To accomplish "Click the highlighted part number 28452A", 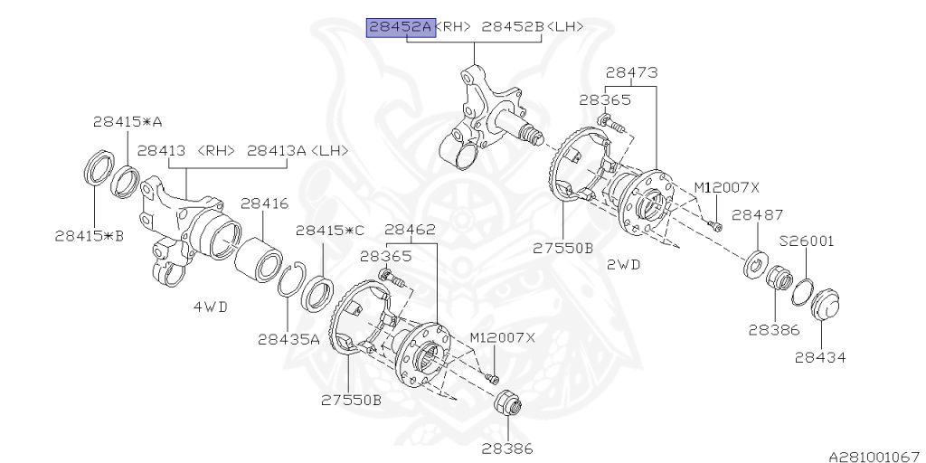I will pos(400,27).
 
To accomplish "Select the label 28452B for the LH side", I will pos(512,27).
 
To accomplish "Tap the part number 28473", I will pos(631,72).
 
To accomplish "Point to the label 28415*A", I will pos(128,121).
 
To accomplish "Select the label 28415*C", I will pos(330,231).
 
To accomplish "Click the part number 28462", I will pos(411,231).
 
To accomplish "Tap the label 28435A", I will pos(288,340).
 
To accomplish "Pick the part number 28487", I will pos(757,215).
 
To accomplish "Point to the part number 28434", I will pos(820,357).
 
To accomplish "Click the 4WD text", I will pos(210,307).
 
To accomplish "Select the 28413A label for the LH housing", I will pos(298,150).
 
